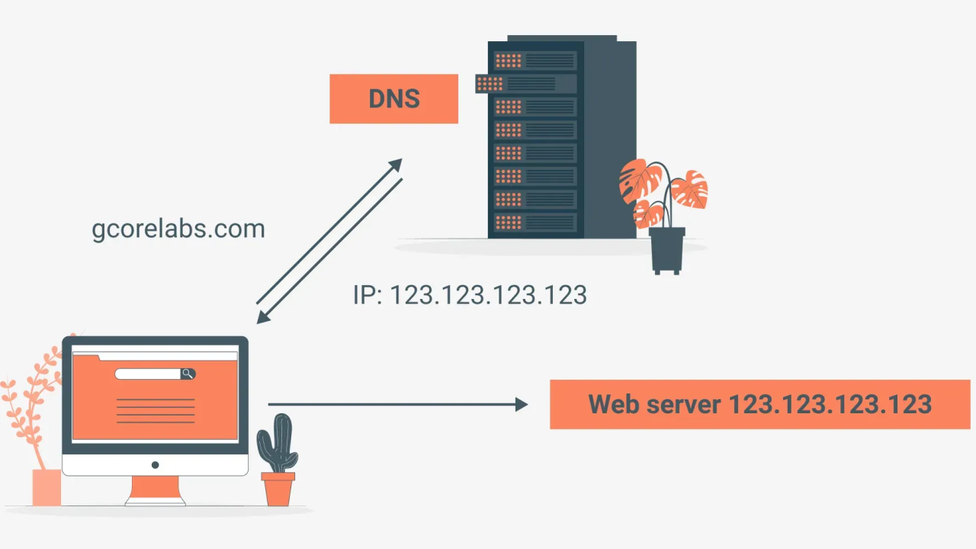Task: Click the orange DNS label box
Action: [393, 98]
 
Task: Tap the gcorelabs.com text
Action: [178, 229]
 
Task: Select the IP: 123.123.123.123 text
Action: [470, 295]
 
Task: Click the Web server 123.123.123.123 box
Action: [759, 404]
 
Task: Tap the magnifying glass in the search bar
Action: [188, 374]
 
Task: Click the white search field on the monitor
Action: [148, 374]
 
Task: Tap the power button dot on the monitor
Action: [155, 464]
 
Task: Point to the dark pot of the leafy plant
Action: [667, 248]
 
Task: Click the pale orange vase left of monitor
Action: [47, 487]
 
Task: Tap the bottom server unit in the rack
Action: [535, 223]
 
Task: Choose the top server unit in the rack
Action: [535, 60]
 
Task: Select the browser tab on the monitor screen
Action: [85, 355]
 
